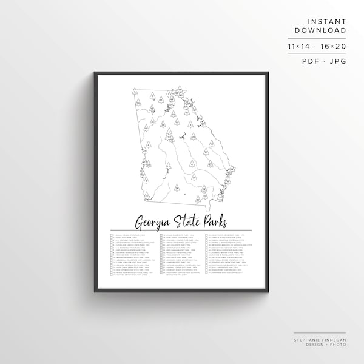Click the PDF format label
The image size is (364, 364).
(x=308, y=61)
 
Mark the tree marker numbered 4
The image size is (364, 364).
(x=192, y=164)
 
